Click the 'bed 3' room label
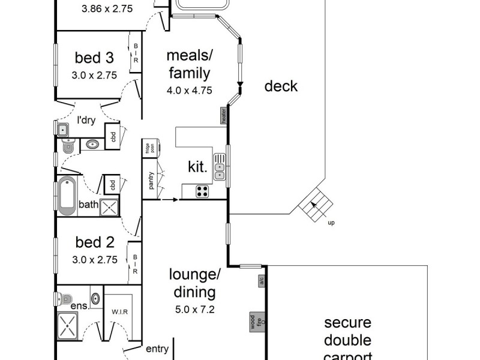point(94,58)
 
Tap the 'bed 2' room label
point(94,242)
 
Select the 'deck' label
point(281,86)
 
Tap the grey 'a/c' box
point(262,281)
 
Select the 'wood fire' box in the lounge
point(254,323)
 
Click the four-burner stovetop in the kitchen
point(203,192)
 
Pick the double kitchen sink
point(220,171)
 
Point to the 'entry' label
point(157,347)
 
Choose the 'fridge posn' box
point(145,148)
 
